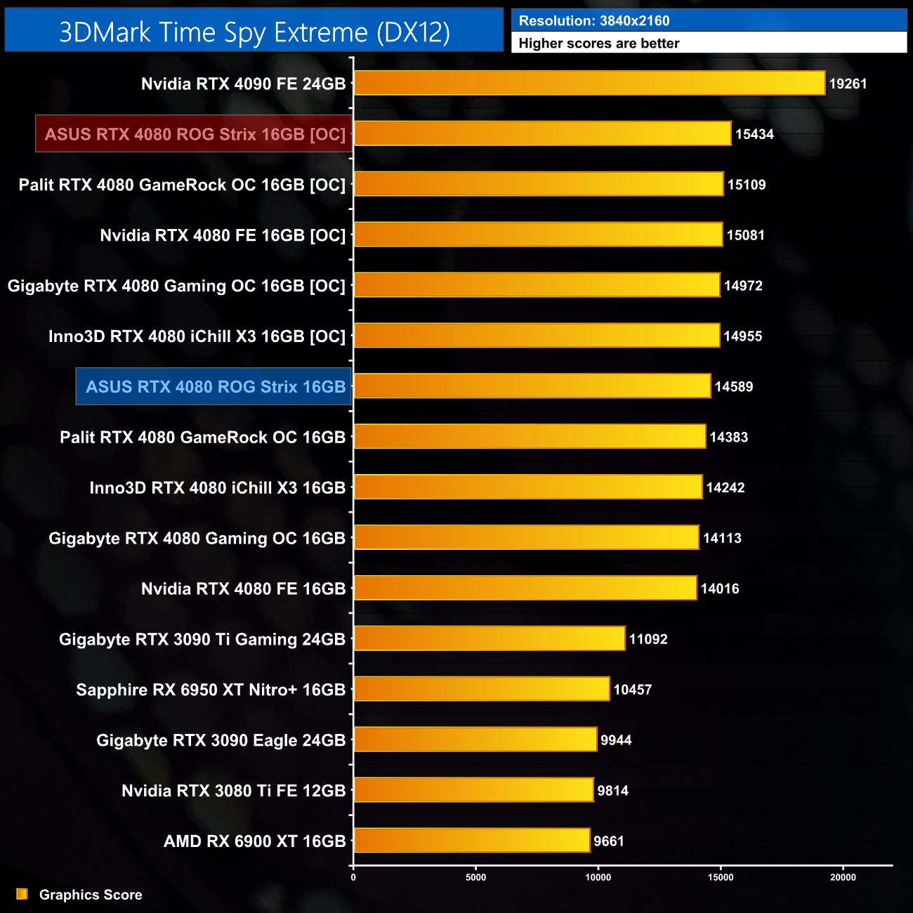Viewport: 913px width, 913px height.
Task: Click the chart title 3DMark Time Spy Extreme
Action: tap(254, 32)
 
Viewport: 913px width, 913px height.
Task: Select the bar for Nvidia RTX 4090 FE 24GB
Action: tap(589, 83)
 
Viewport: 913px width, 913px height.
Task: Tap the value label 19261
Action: tap(848, 84)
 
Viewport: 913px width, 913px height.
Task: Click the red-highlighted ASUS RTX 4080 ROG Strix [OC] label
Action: tap(195, 134)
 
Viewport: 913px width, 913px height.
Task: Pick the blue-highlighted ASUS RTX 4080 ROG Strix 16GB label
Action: tap(215, 386)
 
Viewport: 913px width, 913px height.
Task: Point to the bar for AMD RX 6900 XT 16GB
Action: tap(472, 841)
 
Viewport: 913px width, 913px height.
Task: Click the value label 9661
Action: tap(608, 841)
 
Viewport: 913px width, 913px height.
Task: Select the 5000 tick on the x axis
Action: tap(476, 877)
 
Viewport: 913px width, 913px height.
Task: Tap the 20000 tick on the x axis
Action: tap(843, 877)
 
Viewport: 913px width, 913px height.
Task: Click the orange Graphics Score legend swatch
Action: tap(22, 894)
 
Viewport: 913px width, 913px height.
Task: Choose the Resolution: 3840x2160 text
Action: tap(594, 20)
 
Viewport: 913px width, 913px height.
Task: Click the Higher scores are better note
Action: tap(598, 44)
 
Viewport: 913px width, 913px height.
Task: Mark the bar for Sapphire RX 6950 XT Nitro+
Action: tap(482, 689)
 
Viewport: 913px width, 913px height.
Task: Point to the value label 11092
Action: tap(648, 639)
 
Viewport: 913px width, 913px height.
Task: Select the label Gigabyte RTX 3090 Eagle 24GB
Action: tap(221, 740)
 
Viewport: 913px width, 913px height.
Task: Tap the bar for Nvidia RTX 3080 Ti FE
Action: tap(474, 790)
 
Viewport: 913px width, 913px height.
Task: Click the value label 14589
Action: tap(733, 386)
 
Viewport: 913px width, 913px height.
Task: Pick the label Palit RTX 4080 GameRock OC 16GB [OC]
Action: tap(182, 185)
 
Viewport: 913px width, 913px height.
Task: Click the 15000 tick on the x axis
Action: tap(721, 877)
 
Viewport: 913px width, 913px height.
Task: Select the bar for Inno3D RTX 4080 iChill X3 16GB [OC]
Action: tap(537, 336)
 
